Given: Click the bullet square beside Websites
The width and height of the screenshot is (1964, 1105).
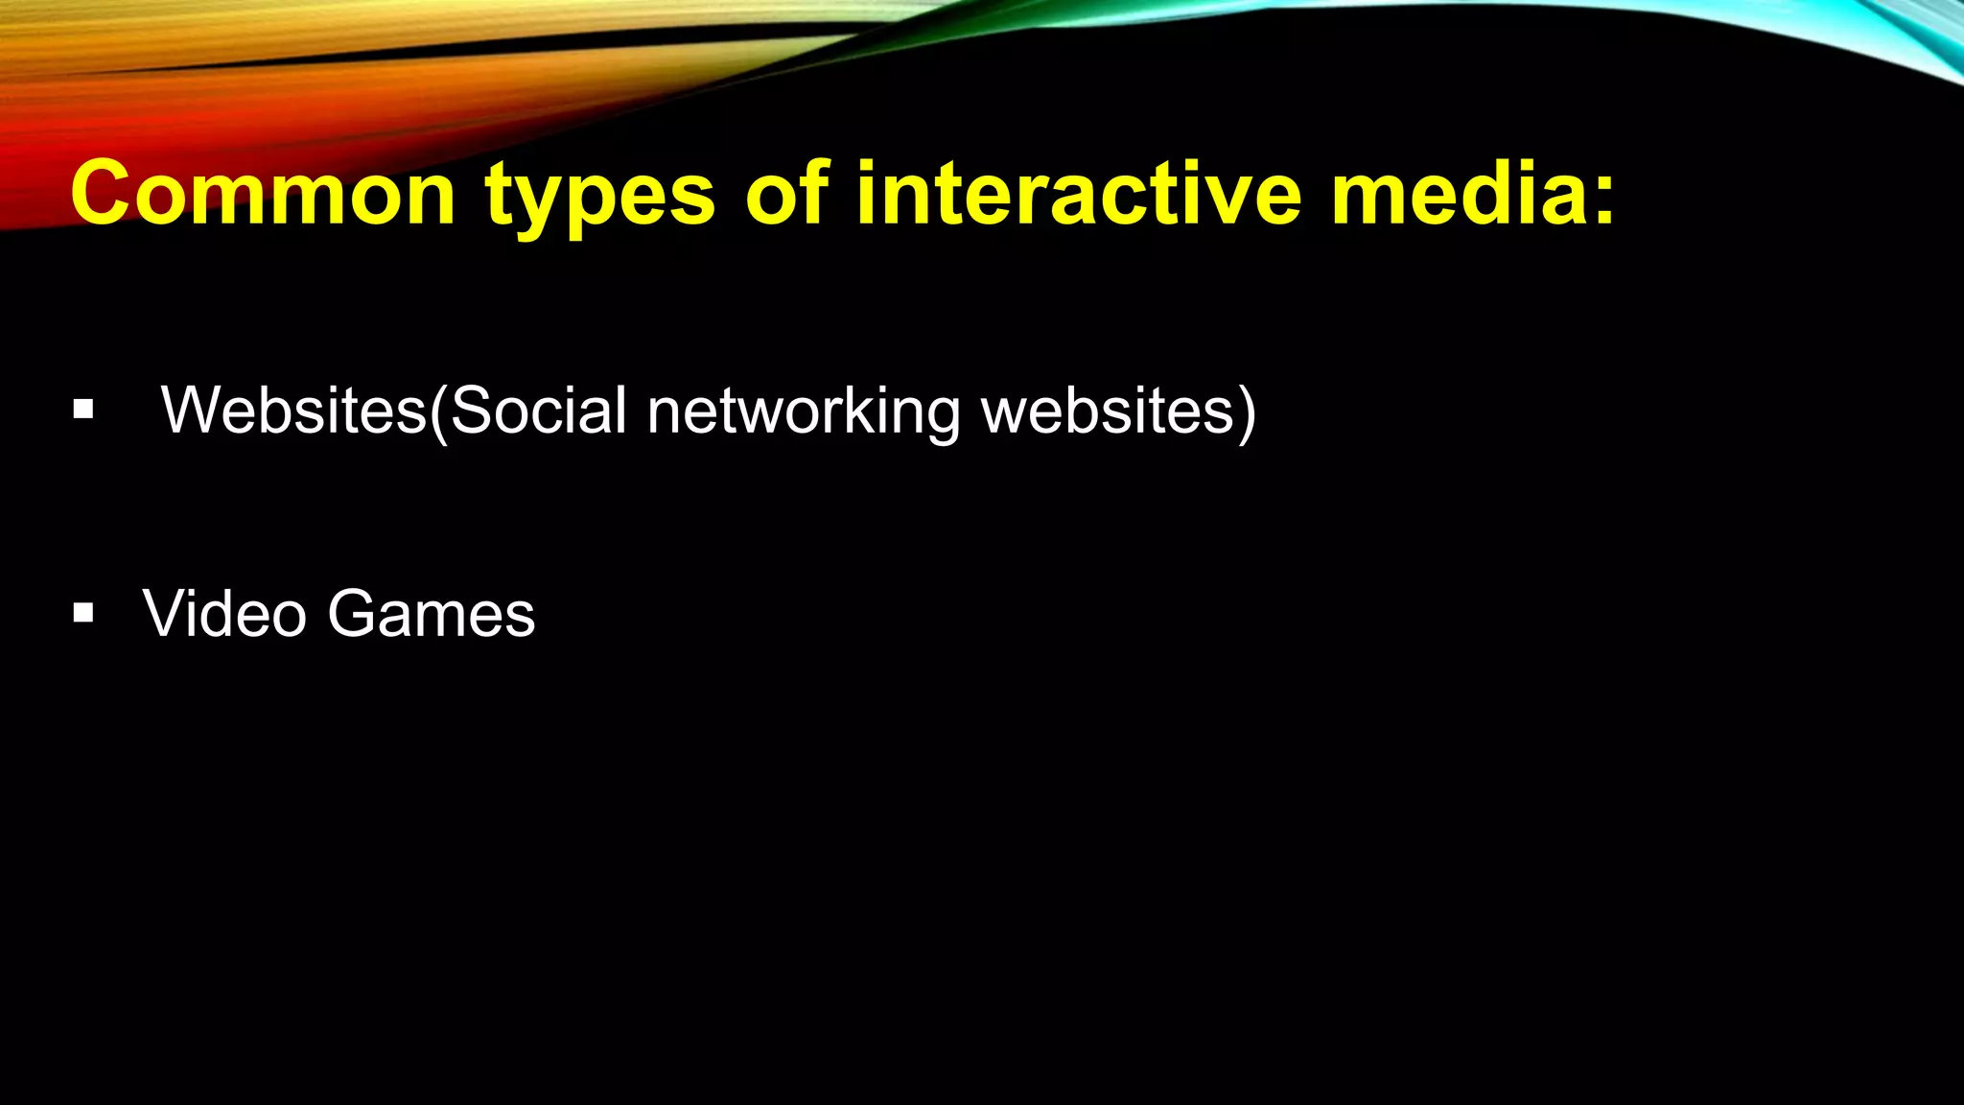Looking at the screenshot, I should pyautogui.click(x=83, y=411).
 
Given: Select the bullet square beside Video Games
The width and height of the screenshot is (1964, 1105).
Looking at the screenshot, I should pyautogui.click(x=83, y=613).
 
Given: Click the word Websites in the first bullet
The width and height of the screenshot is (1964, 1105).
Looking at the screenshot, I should pyautogui.click(x=293, y=411).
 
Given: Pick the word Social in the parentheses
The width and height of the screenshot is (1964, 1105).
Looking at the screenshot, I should pyautogui.click(x=538, y=411).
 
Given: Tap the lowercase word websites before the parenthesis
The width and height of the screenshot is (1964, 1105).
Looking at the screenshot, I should pyautogui.click(x=1108, y=411).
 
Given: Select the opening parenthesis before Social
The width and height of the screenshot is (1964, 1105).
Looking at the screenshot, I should pyautogui.click(x=438, y=412).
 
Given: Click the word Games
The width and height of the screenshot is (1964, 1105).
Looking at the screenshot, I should pyautogui.click(x=432, y=613).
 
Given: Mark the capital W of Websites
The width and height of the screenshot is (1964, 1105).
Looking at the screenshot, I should pyautogui.click(x=190, y=411).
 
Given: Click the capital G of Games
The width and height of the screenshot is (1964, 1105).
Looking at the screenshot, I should pyautogui.click(x=353, y=613).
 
